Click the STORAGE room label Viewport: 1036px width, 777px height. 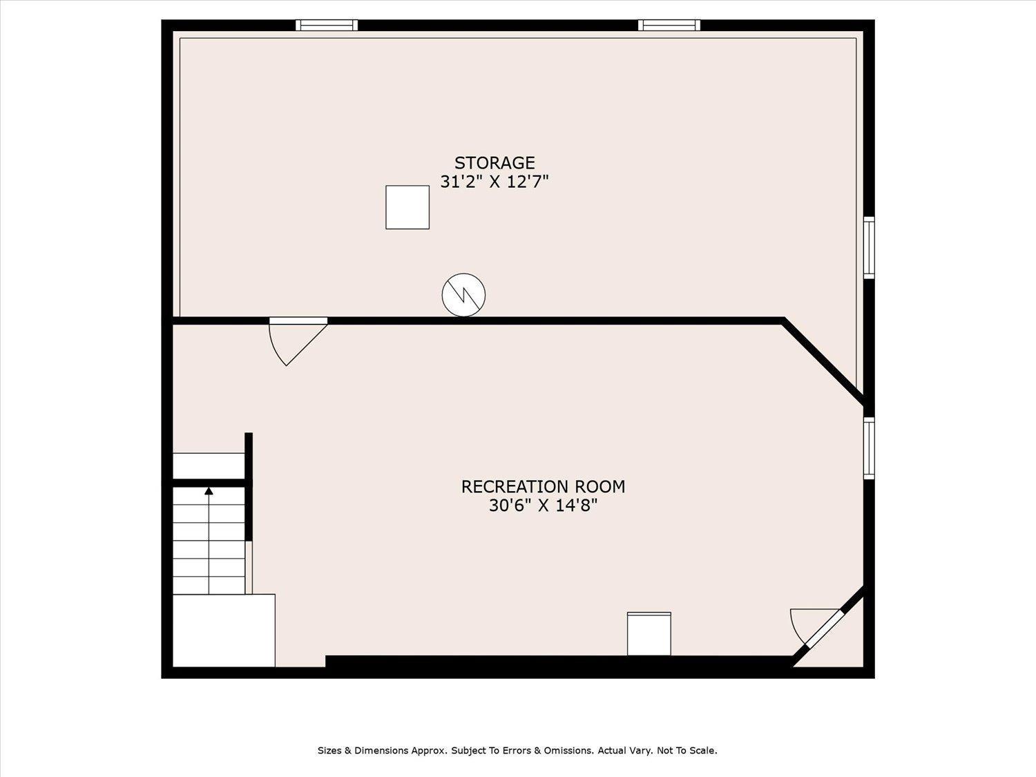[x=494, y=163]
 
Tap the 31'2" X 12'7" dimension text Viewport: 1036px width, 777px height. [x=494, y=182]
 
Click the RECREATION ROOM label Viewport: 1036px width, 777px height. [x=543, y=487]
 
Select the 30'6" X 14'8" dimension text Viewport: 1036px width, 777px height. [x=543, y=506]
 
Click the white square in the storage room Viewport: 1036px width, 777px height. [x=407, y=207]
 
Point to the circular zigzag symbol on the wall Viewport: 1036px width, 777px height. [x=463, y=294]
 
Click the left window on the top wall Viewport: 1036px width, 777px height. [x=327, y=26]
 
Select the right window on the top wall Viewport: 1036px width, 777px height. [x=669, y=26]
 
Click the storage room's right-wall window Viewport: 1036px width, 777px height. [x=869, y=248]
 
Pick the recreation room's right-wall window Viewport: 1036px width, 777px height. [x=869, y=448]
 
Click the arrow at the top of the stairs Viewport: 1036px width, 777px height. [x=209, y=492]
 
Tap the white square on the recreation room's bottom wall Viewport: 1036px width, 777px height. [x=649, y=634]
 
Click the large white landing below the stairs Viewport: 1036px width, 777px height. [x=223, y=631]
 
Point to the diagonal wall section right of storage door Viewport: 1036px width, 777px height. [x=823, y=361]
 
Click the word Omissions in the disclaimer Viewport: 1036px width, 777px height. [x=568, y=750]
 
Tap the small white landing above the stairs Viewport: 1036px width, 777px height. [x=208, y=466]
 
